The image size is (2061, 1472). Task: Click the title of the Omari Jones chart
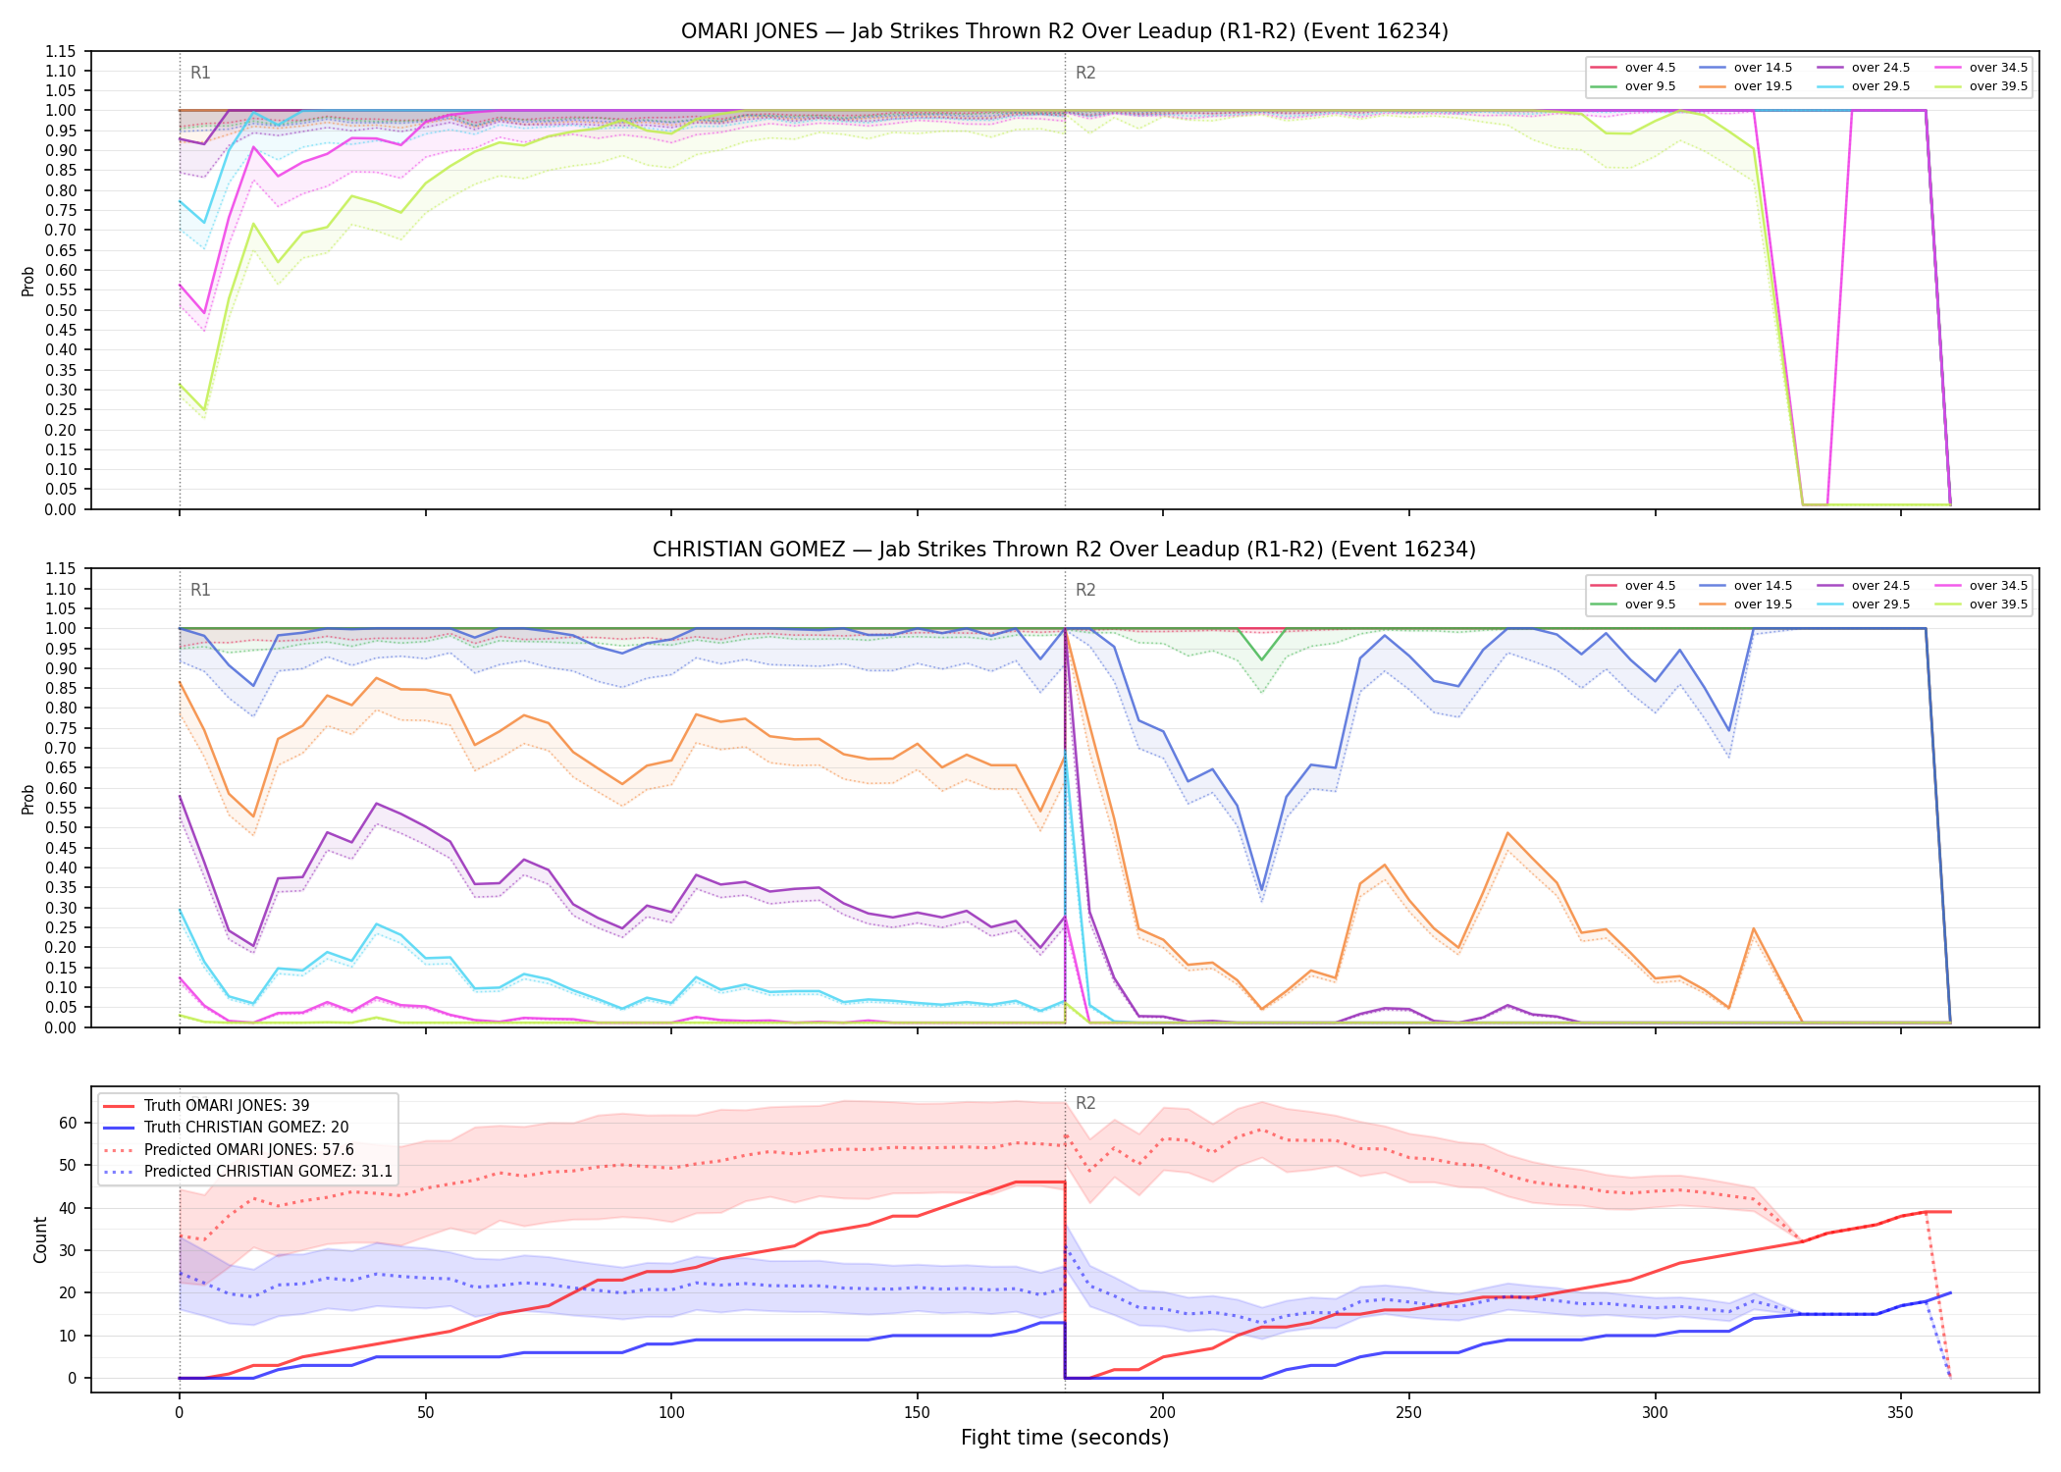[x=1065, y=31]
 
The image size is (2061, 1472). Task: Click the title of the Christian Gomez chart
[x=1065, y=550]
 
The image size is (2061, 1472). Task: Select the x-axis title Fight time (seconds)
[x=1065, y=1438]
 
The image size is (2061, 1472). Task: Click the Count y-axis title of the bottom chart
[x=40, y=1239]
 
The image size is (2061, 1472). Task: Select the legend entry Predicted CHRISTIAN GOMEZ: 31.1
[x=268, y=1172]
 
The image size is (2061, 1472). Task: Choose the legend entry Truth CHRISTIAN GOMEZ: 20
[x=246, y=1128]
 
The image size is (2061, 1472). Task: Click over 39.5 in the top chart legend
[x=1998, y=86]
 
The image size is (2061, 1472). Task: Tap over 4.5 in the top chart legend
[x=1650, y=68]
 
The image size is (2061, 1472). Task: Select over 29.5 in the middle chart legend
[x=1880, y=605]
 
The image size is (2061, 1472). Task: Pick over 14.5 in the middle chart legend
[x=1763, y=586]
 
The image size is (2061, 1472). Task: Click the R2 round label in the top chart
[x=1085, y=73]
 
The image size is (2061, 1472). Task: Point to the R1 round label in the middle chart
[x=200, y=590]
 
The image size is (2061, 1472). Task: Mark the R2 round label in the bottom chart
[x=1085, y=1103]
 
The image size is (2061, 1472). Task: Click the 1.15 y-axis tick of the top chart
[x=60, y=51]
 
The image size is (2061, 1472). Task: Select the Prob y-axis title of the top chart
[x=28, y=281]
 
